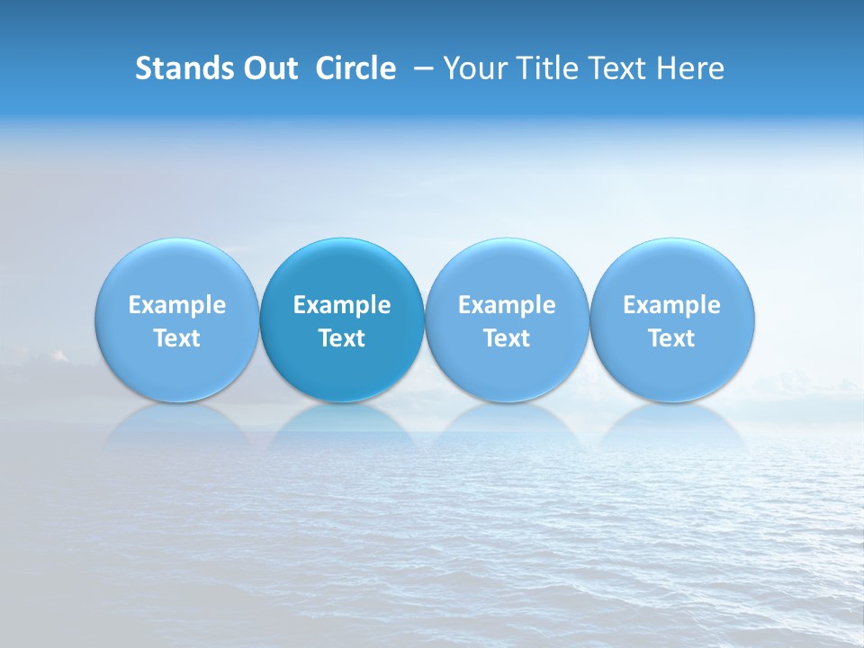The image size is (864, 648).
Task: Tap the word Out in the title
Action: click(268, 68)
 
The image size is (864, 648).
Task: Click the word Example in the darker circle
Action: click(342, 305)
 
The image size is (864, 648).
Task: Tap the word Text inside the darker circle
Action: click(342, 338)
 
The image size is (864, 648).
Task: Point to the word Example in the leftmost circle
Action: click(177, 305)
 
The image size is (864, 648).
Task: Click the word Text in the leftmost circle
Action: click(177, 338)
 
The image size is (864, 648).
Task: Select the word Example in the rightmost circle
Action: click(672, 305)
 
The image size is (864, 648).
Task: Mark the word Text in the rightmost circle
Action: click(672, 338)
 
